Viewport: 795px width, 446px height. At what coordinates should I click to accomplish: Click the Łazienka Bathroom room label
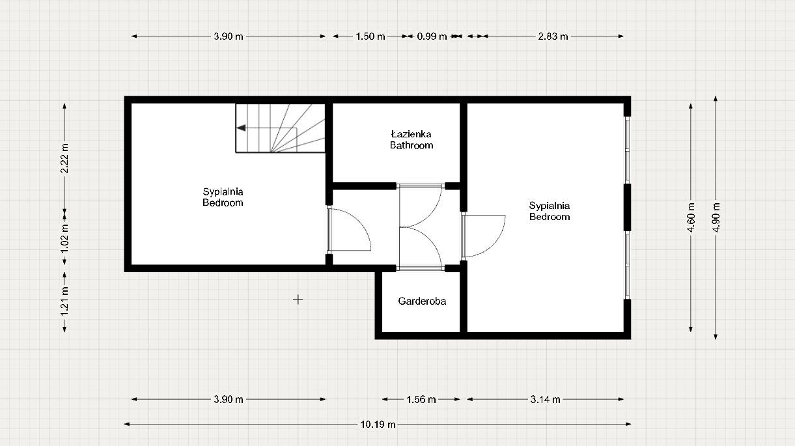pyautogui.click(x=411, y=140)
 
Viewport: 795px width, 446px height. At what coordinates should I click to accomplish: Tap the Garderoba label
pyautogui.click(x=422, y=301)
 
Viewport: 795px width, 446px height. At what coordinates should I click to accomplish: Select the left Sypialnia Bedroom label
pyautogui.click(x=223, y=197)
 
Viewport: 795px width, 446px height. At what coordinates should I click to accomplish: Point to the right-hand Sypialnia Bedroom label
pyautogui.click(x=549, y=212)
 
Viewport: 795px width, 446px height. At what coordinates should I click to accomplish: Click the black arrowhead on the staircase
pyautogui.click(x=241, y=128)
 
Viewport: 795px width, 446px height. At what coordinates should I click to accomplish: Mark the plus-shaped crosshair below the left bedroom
pyautogui.click(x=298, y=300)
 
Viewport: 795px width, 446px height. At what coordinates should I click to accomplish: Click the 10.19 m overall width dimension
pyautogui.click(x=378, y=425)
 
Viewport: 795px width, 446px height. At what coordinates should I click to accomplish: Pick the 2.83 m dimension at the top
pyautogui.click(x=553, y=36)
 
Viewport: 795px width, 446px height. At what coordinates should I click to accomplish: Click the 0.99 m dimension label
pyautogui.click(x=432, y=36)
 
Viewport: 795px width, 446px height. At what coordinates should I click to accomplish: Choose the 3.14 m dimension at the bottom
pyautogui.click(x=545, y=400)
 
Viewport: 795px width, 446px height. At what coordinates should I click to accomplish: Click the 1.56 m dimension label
pyautogui.click(x=421, y=400)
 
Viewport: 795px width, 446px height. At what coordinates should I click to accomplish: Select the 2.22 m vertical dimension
pyautogui.click(x=64, y=158)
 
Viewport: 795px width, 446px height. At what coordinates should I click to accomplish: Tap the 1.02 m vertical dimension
pyautogui.click(x=64, y=237)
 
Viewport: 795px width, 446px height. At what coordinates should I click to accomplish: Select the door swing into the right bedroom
pyautogui.click(x=484, y=234)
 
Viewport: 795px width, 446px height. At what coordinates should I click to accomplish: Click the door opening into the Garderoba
pyautogui.click(x=421, y=248)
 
